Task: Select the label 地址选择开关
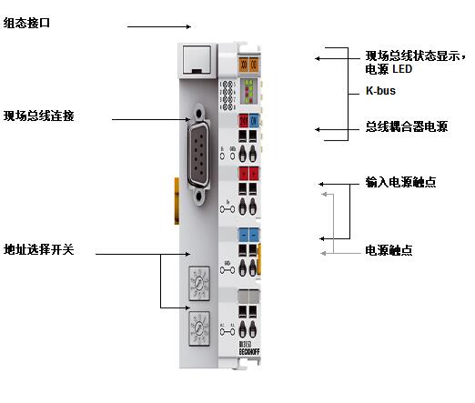point(38,248)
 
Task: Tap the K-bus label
point(379,92)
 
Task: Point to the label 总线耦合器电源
point(405,127)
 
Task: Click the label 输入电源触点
point(399,182)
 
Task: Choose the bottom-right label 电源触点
point(389,249)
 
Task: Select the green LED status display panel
point(248,92)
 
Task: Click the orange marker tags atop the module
point(248,65)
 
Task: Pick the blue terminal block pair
point(248,235)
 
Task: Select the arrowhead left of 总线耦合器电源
point(319,129)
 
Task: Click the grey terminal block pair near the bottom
point(248,297)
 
